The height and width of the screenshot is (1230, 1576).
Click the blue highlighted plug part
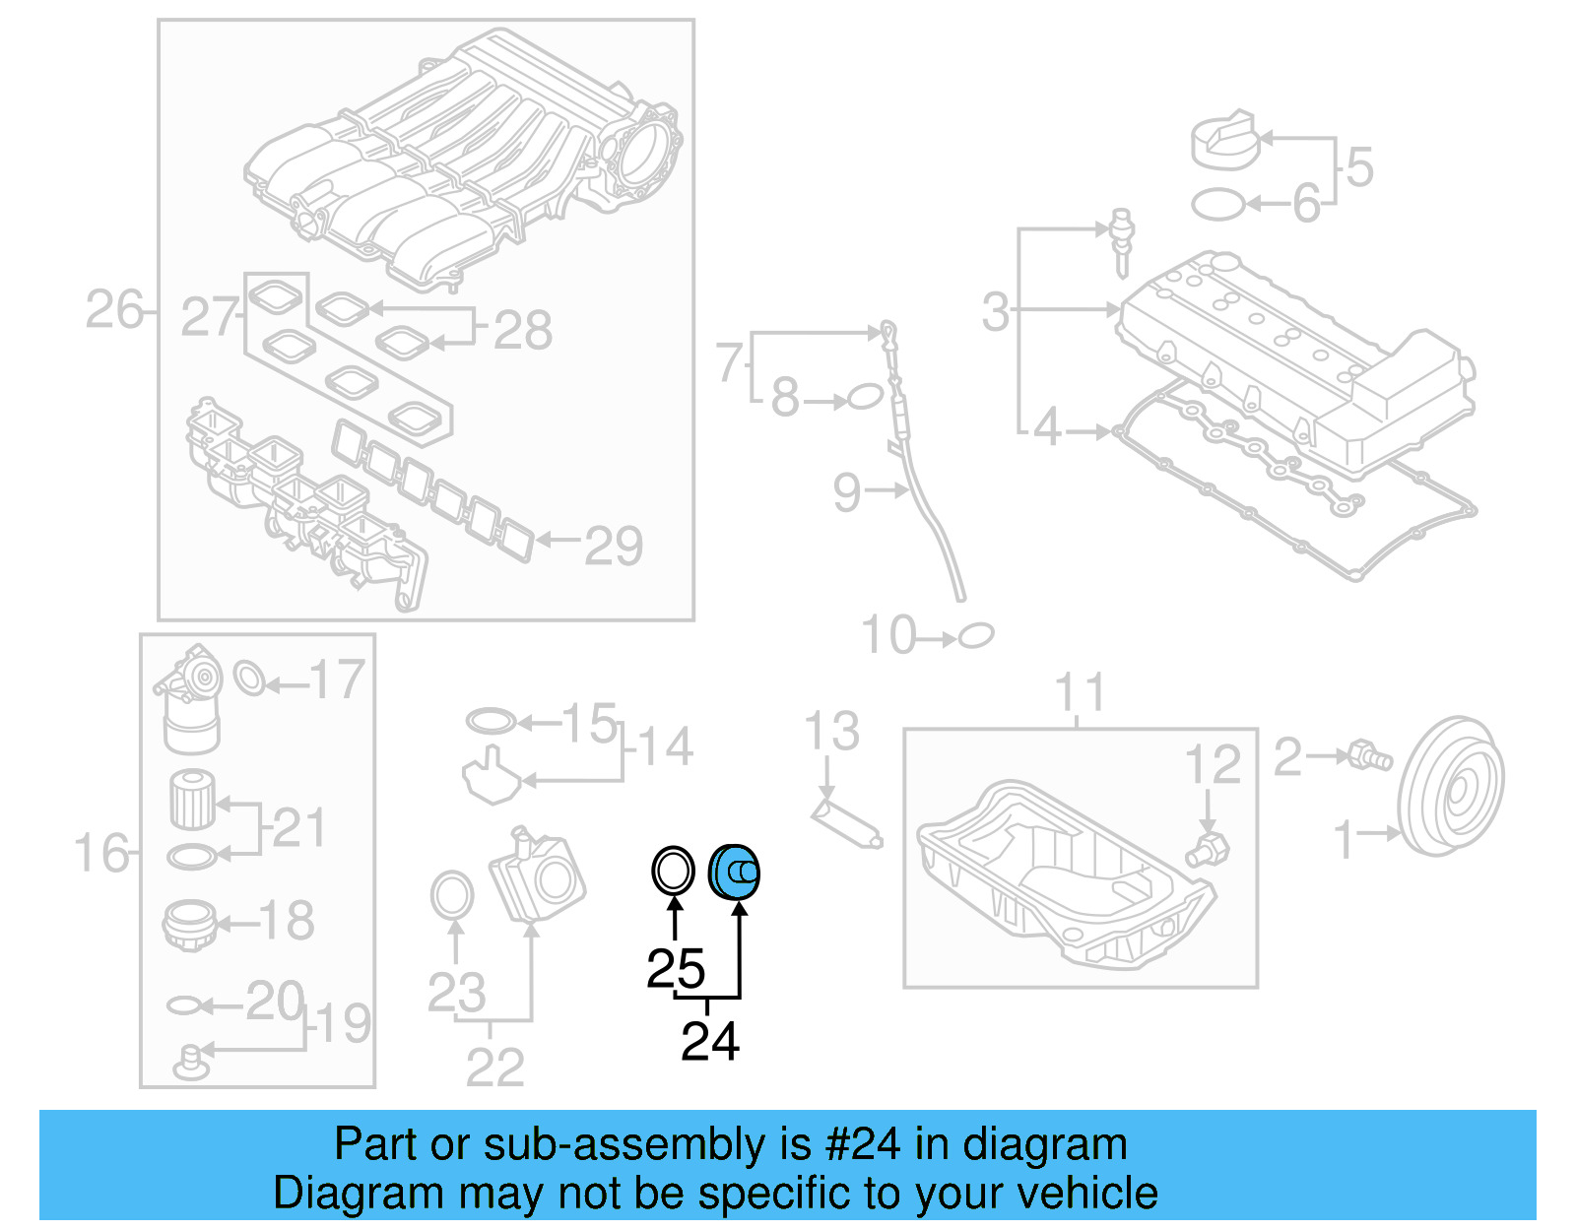coord(734,872)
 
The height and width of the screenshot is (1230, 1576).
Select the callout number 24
coord(709,1042)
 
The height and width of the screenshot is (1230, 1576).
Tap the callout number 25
coord(676,969)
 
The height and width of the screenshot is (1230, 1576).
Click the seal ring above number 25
coord(673,871)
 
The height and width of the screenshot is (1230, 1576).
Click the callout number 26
coord(114,310)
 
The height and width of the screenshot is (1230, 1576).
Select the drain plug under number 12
coord(1209,850)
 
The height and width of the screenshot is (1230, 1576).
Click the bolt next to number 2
coord(1370,755)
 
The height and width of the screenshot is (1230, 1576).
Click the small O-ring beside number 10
coord(976,635)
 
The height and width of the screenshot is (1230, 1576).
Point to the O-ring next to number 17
coord(250,678)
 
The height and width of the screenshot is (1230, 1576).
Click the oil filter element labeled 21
coord(191,799)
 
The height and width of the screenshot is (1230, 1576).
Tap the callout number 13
coord(831,732)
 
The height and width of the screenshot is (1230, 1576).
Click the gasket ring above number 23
coord(452,895)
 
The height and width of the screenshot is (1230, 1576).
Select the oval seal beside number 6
coord(1217,205)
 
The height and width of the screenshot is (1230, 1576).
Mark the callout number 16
coord(101,853)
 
